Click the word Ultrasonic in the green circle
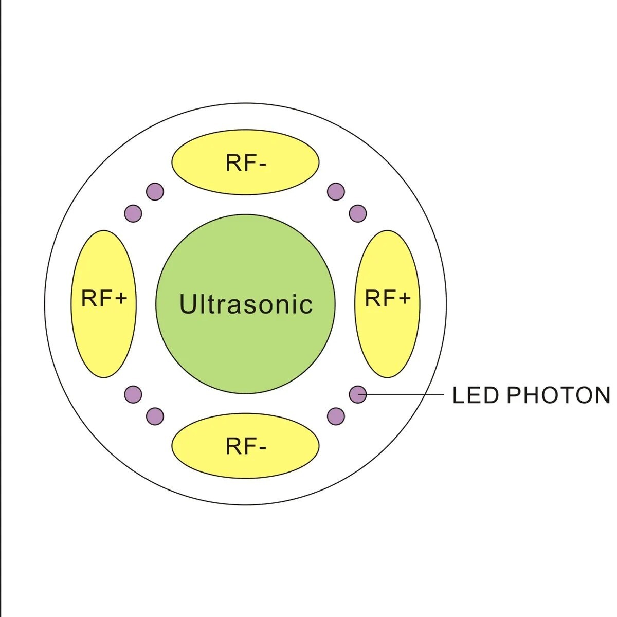(x=246, y=304)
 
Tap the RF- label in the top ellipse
(x=245, y=163)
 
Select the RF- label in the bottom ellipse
(x=245, y=446)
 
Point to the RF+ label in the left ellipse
(x=104, y=298)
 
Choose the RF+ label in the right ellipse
(x=387, y=298)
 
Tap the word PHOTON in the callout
(x=558, y=395)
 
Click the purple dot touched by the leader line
(x=358, y=394)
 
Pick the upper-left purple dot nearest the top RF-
(x=155, y=192)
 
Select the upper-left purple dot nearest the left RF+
(x=133, y=213)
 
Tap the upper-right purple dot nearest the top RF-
(x=336, y=192)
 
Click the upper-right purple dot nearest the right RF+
(x=358, y=213)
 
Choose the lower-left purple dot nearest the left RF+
(x=133, y=394)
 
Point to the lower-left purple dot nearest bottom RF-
(x=155, y=416)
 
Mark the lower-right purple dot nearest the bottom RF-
(x=336, y=416)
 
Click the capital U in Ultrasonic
(x=188, y=303)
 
